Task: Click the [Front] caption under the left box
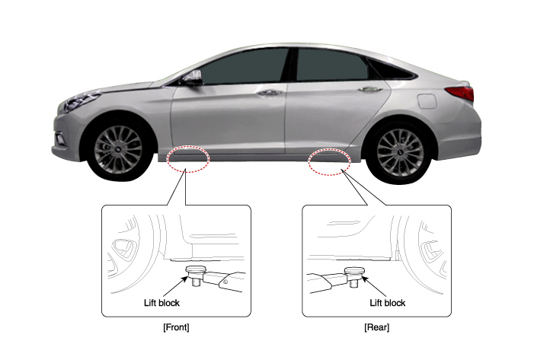pos(176,327)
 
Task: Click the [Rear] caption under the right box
pos(376,327)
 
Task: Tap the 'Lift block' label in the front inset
pos(161,303)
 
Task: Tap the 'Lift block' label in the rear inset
pos(388,303)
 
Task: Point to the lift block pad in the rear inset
pos(354,271)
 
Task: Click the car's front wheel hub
pos(118,150)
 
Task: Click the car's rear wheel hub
pos(401,152)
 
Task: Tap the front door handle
pos(270,93)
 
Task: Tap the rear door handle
pos(366,89)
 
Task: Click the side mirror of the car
pos(193,78)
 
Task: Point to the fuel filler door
pos(427,101)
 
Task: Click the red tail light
pos(461,93)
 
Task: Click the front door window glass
pos(243,67)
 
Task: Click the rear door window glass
pos(331,65)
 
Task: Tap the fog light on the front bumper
pos(61,139)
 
